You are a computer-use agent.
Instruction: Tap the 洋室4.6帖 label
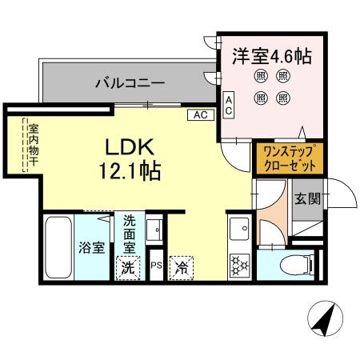pyautogui.click(x=272, y=57)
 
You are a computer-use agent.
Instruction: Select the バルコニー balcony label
pyautogui.click(x=130, y=82)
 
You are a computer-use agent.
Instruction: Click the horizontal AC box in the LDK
pyautogui.click(x=200, y=115)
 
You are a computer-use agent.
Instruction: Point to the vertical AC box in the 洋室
pyautogui.click(x=229, y=106)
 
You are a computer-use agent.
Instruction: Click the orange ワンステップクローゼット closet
pyautogui.click(x=289, y=158)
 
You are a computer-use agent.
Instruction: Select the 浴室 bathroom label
pyautogui.click(x=90, y=247)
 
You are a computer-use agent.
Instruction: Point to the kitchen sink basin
pyautogui.click(x=238, y=233)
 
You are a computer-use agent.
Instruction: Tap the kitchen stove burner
pyautogui.click(x=238, y=265)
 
